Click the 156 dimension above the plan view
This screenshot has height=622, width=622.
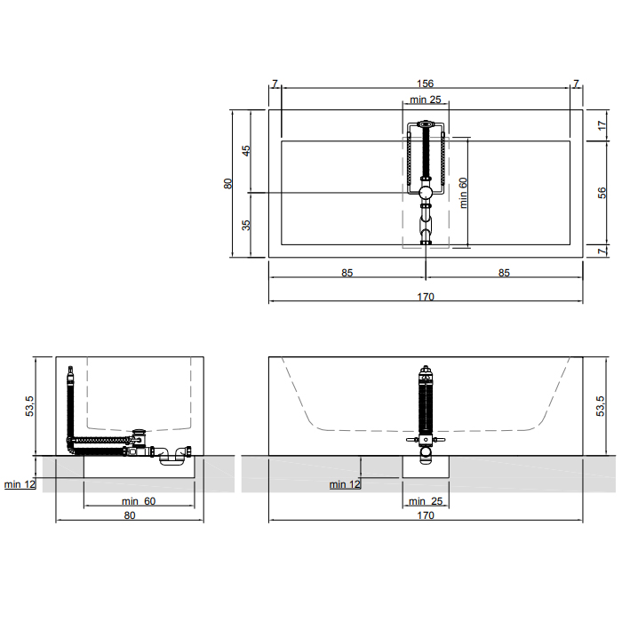coord(426,84)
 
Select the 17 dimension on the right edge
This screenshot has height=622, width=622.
coord(602,125)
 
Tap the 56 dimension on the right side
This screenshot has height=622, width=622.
coord(602,193)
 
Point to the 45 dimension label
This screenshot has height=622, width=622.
coord(246,151)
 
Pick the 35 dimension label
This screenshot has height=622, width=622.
coord(246,225)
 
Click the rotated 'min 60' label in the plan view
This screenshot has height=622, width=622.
coord(463,193)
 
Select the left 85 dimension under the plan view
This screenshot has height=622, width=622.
coord(347,273)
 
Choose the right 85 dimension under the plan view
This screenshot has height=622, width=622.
coord(504,273)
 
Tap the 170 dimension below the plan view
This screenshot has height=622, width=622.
coord(426,297)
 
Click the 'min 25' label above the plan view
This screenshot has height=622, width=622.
coord(426,100)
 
